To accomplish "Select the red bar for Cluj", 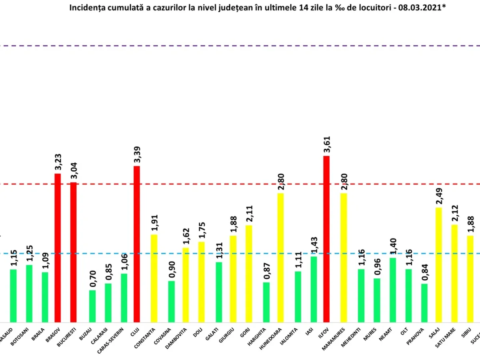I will pyautogui.click(x=136, y=244).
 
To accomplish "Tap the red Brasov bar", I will pyautogui.click(x=58, y=248).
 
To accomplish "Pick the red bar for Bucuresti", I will pyautogui.click(x=73, y=252).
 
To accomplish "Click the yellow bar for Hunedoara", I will pyautogui.click(x=280, y=258).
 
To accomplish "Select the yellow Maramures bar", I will pyautogui.click(x=344, y=258).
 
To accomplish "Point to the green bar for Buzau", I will pyautogui.click(x=92, y=306).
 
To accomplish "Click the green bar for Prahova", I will pyautogui.click(x=424, y=303).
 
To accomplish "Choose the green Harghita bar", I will pyautogui.click(x=266, y=302).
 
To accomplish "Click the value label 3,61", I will pyautogui.click(x=326, y=145).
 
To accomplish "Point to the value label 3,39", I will pyautogui.click(x=136, y=155).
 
